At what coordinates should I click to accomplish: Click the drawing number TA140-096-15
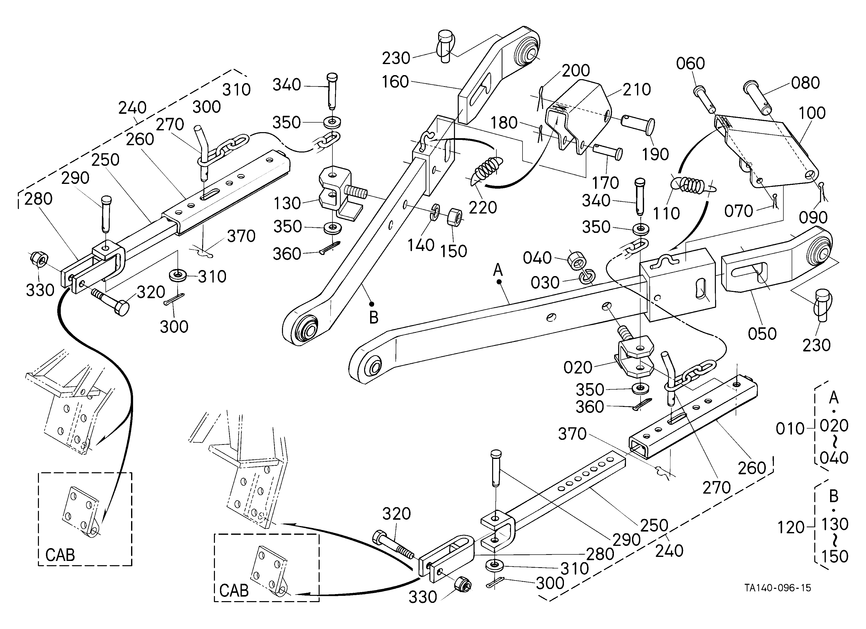[778, 588]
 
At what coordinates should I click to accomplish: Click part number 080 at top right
[805, 83]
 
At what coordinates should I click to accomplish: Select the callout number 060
[690, 63]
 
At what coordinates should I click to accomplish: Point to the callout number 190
[655, 154]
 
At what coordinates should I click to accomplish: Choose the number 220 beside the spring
[483, 207]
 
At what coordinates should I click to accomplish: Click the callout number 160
[395, 82]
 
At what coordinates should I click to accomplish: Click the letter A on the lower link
[498, 270]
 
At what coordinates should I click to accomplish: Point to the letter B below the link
[373, 318]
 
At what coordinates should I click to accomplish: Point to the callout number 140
[421, 245]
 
